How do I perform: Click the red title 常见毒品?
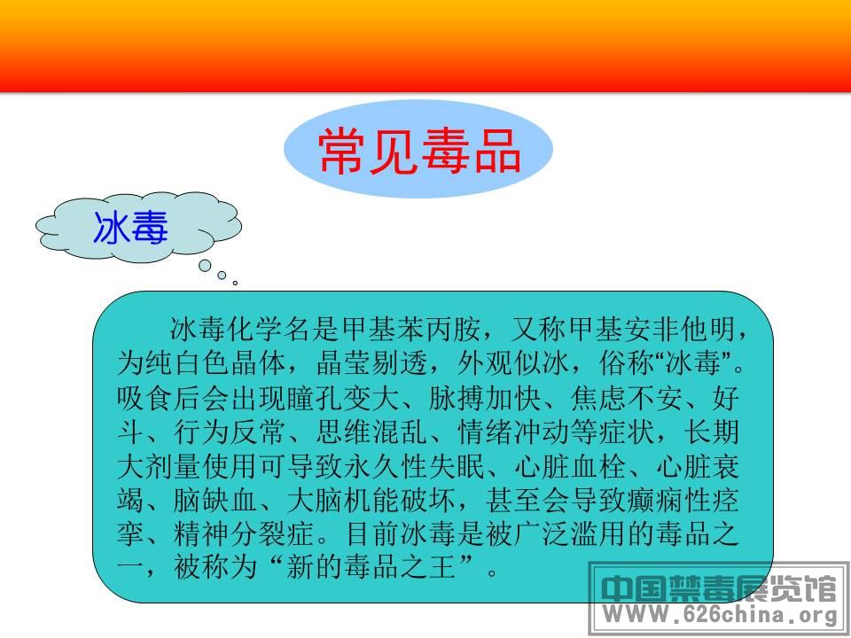(419, 152)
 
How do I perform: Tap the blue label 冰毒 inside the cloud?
(131, 228)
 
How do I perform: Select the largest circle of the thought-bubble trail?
(205, 265)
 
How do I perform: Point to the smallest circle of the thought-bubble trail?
(235, 283)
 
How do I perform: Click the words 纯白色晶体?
(216, 363)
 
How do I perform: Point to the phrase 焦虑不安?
(627, 398)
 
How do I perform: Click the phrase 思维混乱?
(372, 432)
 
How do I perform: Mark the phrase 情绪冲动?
(513, 432)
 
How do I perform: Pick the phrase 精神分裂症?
(245, 533)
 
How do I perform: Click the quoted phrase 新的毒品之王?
(371, 567)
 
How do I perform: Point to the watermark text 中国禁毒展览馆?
(719, 588)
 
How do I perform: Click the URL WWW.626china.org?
(720, 615)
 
